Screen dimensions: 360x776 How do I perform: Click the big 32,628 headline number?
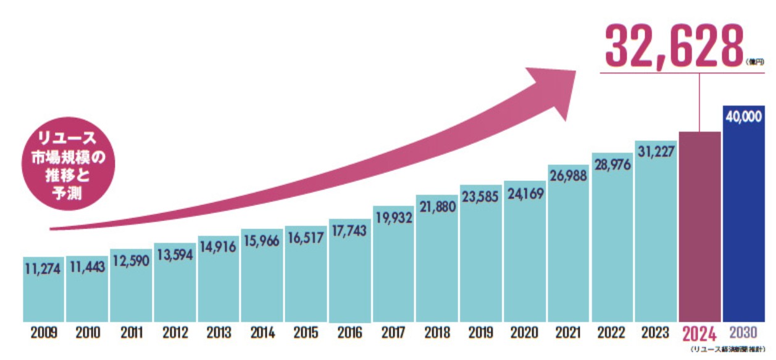pos(674,46)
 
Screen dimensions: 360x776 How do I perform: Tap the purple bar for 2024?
pos(699,228)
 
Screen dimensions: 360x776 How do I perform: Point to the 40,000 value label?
pos(743,117)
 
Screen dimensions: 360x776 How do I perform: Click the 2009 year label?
pos(43,333)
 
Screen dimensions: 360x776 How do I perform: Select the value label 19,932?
pos(393,217)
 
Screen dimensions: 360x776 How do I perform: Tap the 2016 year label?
pos(349,333)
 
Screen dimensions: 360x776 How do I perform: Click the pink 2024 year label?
pos(699,334)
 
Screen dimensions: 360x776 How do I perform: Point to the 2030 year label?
pos(743,333)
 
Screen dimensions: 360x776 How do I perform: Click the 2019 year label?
pos(481,333)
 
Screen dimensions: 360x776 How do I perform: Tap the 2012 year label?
pos(175,333)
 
